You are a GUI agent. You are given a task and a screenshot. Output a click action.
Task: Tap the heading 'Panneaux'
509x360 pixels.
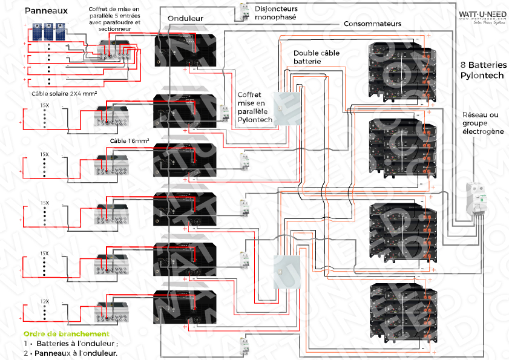[46, 11]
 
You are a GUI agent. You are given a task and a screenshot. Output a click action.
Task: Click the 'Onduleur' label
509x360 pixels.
[185, 19]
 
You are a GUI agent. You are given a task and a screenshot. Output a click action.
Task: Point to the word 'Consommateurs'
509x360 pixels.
[372, 24]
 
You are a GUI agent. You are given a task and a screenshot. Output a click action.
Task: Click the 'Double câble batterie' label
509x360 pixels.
[316, 57]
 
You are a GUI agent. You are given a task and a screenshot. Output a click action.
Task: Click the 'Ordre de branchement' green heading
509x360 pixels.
[66, 334]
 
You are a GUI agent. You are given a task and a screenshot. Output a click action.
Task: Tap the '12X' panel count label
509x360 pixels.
[44, 301]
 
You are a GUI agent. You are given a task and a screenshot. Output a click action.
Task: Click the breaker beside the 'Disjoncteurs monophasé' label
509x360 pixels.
[245, 13]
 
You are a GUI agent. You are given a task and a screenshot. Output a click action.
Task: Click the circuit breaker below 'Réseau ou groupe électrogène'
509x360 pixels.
[476, 200]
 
